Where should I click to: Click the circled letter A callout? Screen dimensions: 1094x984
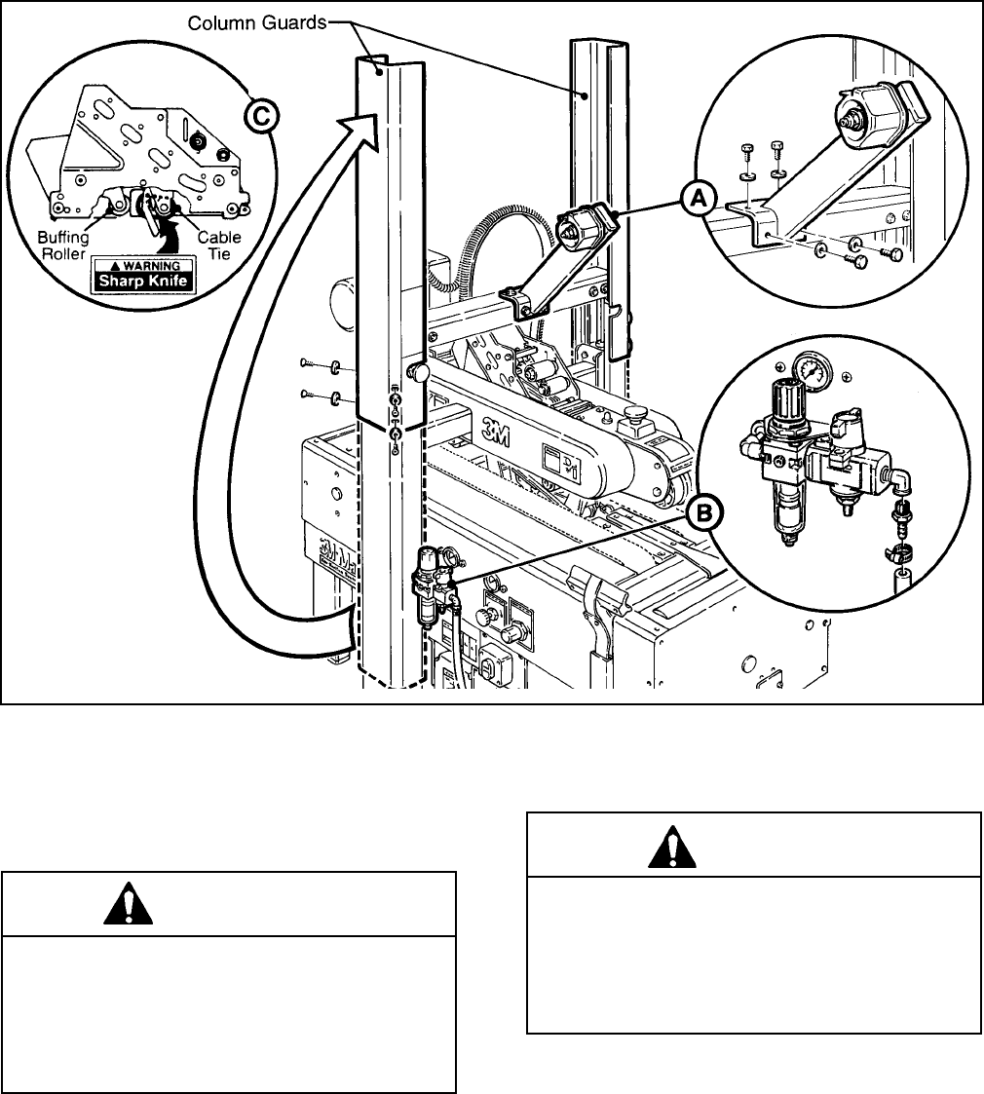(698, 200)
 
